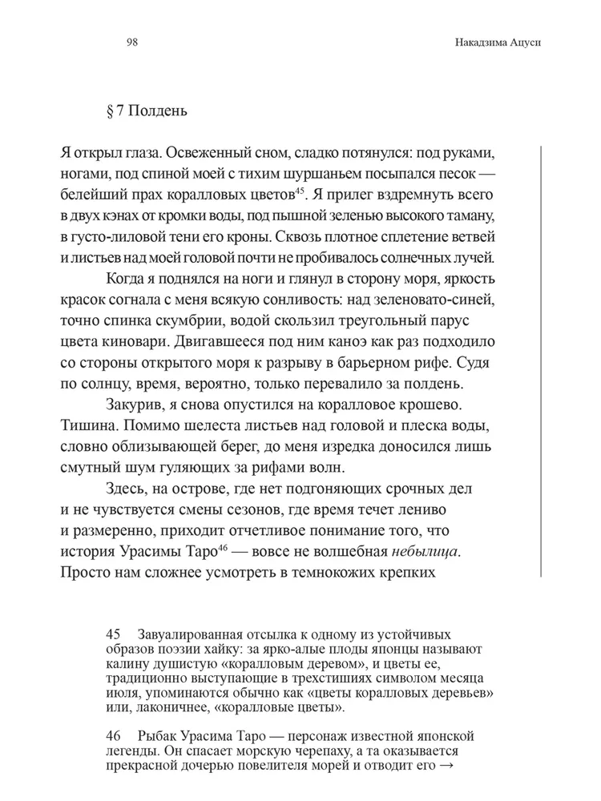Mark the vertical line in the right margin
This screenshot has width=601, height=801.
(x=543, y=360)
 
